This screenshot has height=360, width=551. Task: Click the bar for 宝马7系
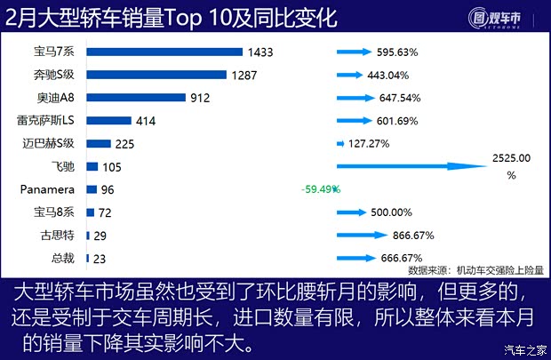(164, 52)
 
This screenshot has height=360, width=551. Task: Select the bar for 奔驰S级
(156, 75)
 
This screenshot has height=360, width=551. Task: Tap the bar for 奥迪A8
(135, 98)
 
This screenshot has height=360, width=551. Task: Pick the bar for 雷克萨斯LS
(108, 120)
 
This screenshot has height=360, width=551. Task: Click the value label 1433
(261, 52)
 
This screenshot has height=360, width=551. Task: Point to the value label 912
(201, 98)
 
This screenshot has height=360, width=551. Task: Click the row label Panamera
(48, 189)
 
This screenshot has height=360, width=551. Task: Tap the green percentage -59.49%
(321, 189)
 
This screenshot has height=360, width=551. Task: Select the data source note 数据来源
(475, 270)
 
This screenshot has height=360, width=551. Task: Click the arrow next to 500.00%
(351, 212)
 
